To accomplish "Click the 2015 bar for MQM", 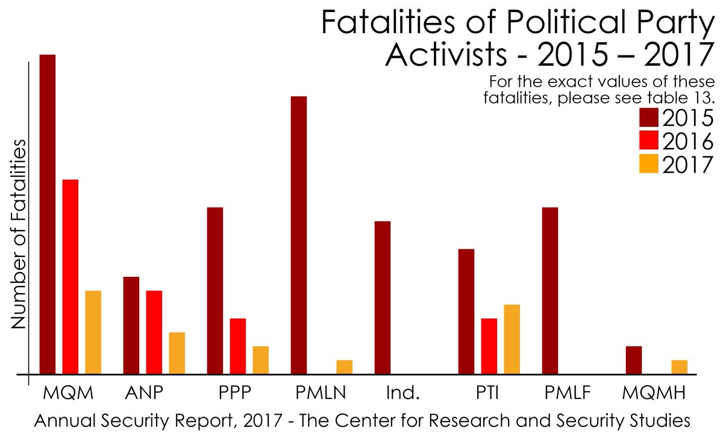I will pos(48,214).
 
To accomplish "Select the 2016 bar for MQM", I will pos(70,276).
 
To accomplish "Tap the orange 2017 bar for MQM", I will pos(93,332).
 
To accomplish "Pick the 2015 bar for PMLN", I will pos(299,235).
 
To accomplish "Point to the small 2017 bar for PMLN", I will pos(345,367).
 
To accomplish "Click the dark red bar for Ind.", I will pos(383,297).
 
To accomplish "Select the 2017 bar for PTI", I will pos(512,339).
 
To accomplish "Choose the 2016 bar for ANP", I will pos(154,332).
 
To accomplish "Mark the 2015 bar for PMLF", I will pos(550,290).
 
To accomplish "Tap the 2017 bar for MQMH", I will pos(680,367).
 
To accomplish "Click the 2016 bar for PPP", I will pos(238,345).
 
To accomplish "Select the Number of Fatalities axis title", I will pos(19,235).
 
